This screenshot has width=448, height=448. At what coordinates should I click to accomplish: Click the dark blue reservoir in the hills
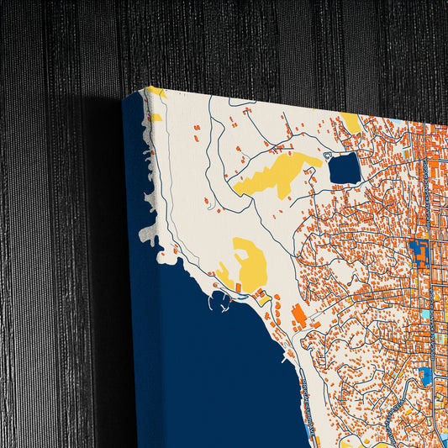(344, 170)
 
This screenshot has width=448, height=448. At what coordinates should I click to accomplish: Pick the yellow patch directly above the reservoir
(352, 124)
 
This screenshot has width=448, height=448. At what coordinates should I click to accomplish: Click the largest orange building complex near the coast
(298, 317)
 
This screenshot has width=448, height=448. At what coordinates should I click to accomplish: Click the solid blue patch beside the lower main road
(426, 375)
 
